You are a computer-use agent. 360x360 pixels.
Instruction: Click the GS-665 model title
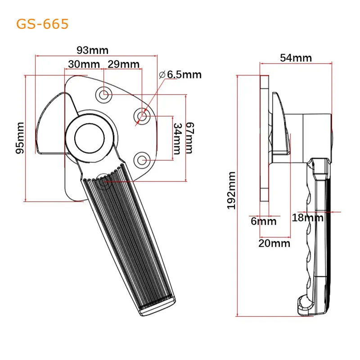(x=42, y=24)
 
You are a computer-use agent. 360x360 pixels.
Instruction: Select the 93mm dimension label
(x=93, y=50)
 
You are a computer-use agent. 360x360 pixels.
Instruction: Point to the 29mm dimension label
(x=124, y=64)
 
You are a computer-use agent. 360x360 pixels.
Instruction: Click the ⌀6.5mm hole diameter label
(x=180, y=75)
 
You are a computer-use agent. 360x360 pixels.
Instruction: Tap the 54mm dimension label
(x=296, y=58)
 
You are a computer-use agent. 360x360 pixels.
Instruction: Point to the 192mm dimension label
(x=232, y=189)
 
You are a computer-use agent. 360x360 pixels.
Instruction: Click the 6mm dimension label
(x=263, y=221)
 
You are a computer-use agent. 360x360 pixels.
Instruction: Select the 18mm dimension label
(x=307, y=218)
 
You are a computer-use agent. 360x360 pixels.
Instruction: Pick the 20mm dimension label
(x=274, y=243)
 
